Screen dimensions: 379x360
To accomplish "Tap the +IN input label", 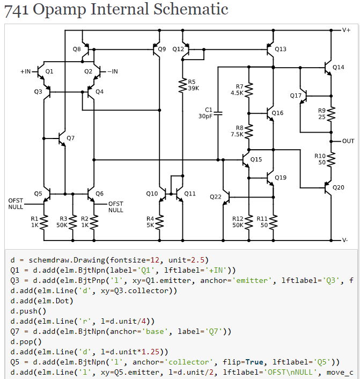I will point(25,71).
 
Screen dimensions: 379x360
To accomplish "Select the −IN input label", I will point(113,71).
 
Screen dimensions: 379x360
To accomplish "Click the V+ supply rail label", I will point(346,30).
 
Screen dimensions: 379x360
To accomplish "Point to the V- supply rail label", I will point(346,240).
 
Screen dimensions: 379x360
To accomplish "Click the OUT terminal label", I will point(348,141).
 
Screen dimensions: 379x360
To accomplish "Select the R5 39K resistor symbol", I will point(183,85).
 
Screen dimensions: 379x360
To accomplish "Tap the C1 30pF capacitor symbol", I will point(218,113).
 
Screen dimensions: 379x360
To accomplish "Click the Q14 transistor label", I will point(338,68).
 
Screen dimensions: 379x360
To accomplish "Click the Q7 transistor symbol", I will point(62,139).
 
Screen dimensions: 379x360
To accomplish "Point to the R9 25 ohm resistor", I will point(332,113).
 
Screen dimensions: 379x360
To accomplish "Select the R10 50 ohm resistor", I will point(332,158).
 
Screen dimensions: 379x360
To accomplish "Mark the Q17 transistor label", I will point(296,95).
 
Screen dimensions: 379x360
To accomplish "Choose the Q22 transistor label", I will point(216,197).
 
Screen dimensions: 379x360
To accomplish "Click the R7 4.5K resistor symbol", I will point(249,90).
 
